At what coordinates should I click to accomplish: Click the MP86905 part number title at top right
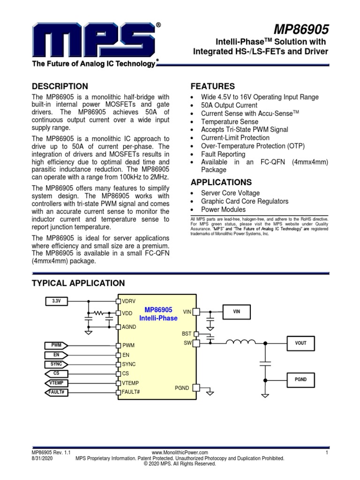(x=305, y=30)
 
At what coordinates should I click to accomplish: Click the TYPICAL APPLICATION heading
(x=78, y=283)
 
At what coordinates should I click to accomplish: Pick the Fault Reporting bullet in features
(x=223, y=154)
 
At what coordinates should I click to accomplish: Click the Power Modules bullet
(x=223, y=210)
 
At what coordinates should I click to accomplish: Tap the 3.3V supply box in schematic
(x=56, y=300)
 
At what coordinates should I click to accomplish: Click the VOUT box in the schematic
(x=300, y=343)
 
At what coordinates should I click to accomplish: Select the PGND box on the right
(x=300, y=379)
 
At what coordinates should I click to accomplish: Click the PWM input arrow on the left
(x=56, y=345)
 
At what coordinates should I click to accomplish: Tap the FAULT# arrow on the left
(x=56, y=392)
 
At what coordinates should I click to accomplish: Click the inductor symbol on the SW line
(x=241, y=342)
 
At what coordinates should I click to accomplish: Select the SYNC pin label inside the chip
(x=128, y=364)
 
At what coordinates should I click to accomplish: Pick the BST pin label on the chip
(x=187, y=333)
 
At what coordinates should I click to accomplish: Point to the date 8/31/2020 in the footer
(x=41, y=458)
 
